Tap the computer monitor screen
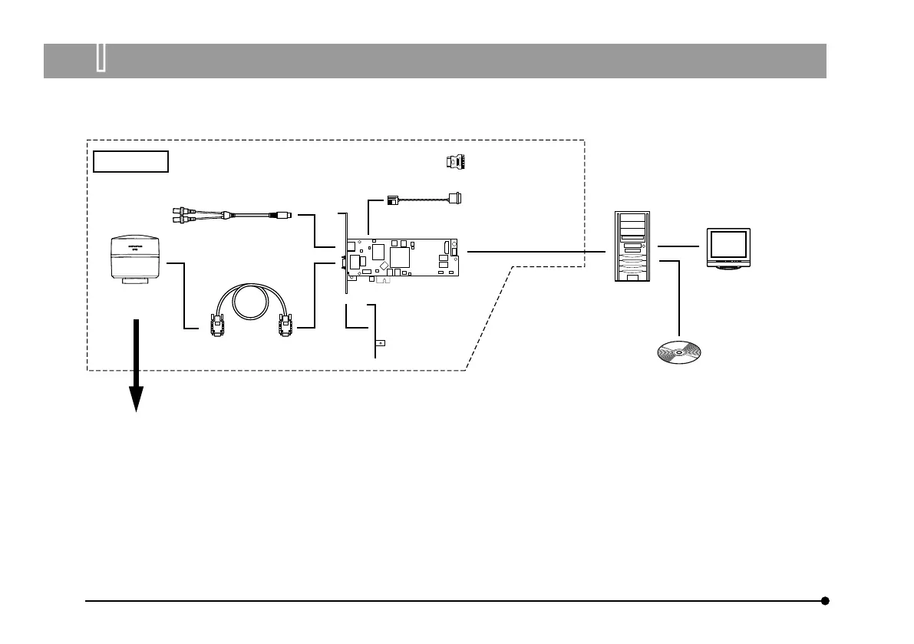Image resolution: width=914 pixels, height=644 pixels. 728,244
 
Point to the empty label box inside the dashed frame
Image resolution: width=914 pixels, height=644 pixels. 130,162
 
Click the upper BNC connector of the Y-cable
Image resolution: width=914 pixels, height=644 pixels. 182,208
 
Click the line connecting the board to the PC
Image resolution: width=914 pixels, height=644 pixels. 537,251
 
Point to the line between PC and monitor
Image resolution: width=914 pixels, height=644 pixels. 678,246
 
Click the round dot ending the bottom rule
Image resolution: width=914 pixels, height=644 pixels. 825,601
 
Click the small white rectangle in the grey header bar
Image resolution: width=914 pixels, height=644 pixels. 101,59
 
